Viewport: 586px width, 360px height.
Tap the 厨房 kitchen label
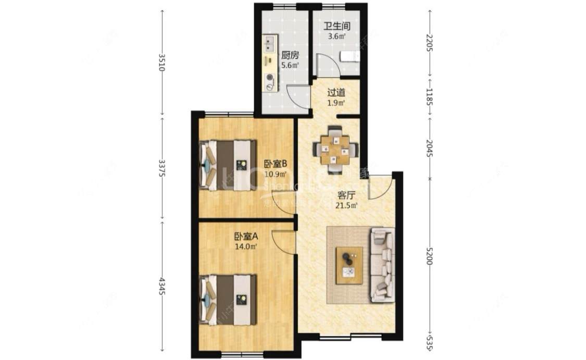[x=290, y=55]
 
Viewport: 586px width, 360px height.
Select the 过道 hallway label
[x=336, y=93]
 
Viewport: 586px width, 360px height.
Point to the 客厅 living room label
[x=346, y=195]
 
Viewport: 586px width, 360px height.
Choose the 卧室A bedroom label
[x=246, y=237]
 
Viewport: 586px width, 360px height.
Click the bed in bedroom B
[x=229, y=165]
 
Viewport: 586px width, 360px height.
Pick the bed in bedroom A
[x=229, y=300]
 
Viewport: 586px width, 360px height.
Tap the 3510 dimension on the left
[x=161, y=62]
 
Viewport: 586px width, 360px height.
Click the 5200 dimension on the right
[x=429, y=255]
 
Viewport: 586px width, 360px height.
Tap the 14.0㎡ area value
[x=246, y=247]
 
